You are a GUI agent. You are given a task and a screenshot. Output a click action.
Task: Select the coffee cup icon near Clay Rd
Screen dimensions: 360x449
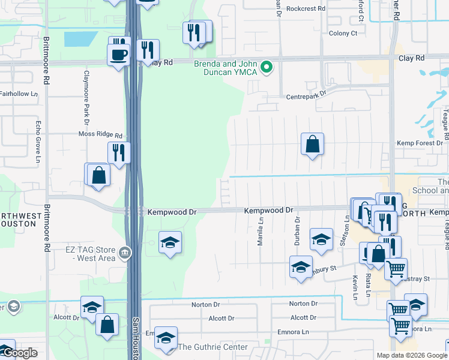(x=118, y=55)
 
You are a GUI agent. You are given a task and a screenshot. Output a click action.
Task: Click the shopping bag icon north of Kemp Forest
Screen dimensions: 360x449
(x=312, y=145)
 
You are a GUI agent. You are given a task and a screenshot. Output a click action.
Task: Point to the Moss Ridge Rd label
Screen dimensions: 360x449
(x=100, y=136)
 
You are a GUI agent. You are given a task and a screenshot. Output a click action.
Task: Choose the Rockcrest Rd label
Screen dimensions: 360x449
(x=305, y=9)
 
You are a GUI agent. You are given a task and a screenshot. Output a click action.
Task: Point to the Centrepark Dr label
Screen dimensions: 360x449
(x=306, y=95)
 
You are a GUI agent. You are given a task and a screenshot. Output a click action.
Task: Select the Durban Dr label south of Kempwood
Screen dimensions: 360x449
(x=297, y=228)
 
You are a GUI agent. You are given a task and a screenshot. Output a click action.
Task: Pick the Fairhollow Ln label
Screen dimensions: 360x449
(x=18, y=94)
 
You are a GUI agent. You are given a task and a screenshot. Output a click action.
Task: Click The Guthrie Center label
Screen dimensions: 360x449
(x=212, y=347)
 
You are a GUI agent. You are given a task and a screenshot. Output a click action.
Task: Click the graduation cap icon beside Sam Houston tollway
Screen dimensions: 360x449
(x=170, y=243)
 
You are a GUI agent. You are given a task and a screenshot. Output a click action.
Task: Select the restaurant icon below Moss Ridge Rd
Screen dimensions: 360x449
(x=119, y=152)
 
